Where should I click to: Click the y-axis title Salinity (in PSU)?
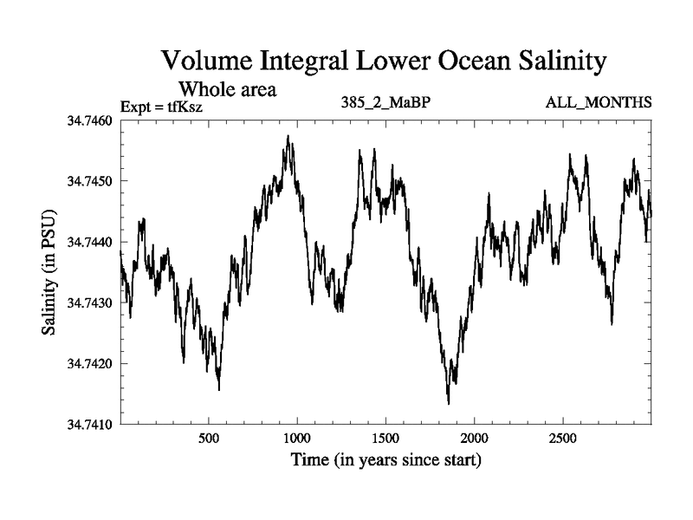(50, 272)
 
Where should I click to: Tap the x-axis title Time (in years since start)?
(385, 459)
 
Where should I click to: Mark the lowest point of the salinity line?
(449, 404)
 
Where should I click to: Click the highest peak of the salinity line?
(288, 136)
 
